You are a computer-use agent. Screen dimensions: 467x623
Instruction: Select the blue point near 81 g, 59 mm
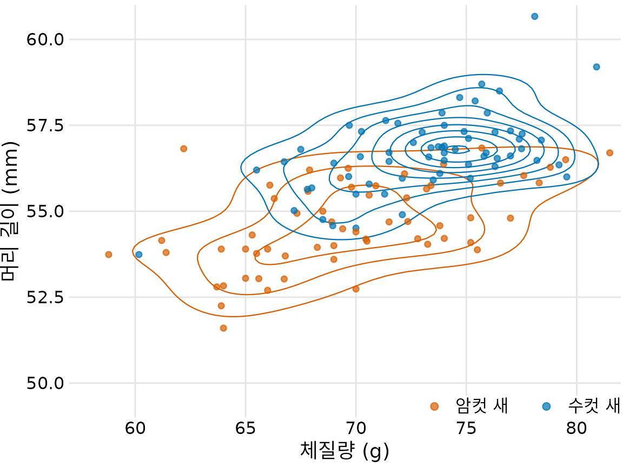pos(597,67)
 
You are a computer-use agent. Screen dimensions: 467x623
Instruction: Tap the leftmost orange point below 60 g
pos(109,255)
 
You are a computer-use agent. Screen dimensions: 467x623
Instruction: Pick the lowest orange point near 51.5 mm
pos(223,328)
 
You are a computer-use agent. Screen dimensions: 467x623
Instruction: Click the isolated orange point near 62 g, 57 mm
pos(183,149)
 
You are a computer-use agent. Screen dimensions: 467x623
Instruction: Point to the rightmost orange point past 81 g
pos(609,153)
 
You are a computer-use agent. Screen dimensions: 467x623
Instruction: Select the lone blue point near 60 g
pos(139,255)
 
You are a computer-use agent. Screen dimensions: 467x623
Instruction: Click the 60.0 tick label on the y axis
pos(45,39)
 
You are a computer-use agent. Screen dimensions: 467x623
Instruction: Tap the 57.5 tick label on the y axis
pos(45,125)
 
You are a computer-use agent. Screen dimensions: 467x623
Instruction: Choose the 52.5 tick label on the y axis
pos(45,297)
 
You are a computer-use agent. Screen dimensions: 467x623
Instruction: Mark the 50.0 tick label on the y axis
pos(45,383)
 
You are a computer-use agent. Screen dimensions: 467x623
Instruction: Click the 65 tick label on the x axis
pos(246,428)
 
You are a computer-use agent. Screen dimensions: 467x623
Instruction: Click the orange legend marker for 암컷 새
pos(434,406)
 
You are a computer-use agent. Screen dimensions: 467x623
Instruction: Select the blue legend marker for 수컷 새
pos(546,406)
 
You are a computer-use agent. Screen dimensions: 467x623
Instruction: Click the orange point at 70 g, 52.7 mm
pos(356,289)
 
